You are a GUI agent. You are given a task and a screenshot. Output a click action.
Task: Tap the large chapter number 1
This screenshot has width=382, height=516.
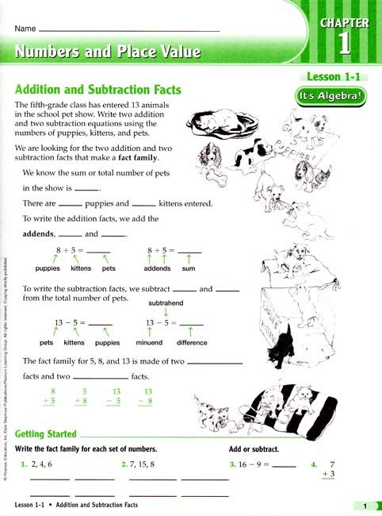click(x=344, y=44)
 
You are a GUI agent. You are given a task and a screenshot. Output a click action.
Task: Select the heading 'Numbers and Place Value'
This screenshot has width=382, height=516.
click(x=108, y=53)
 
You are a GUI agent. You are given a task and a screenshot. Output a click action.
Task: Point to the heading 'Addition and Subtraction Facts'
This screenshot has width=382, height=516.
click(x=98, y=90)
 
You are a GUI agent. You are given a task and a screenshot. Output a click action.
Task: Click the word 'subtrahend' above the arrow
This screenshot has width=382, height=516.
click(x=164, y=302)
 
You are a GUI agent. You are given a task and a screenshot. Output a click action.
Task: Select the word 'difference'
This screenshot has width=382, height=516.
click(x=191, y=344)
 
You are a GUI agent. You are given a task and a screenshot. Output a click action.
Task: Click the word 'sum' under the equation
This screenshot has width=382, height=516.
click(x=189, y=269)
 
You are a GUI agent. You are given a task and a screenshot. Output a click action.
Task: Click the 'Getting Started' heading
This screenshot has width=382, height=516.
click(x=46, y=434)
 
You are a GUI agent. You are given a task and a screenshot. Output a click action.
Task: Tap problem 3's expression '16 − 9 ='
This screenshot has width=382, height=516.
click(x=251, y=464)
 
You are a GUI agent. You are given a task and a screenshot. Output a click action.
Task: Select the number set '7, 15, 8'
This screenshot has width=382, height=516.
click(x=143, y=464)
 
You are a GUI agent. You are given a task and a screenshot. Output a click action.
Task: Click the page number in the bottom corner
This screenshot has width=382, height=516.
click(x=364, y=506)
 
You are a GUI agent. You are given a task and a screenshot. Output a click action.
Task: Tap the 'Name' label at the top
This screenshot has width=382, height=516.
click(x=25, y=29)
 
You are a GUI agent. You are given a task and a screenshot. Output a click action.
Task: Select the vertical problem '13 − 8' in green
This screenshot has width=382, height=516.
click(x=143, y=397)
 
